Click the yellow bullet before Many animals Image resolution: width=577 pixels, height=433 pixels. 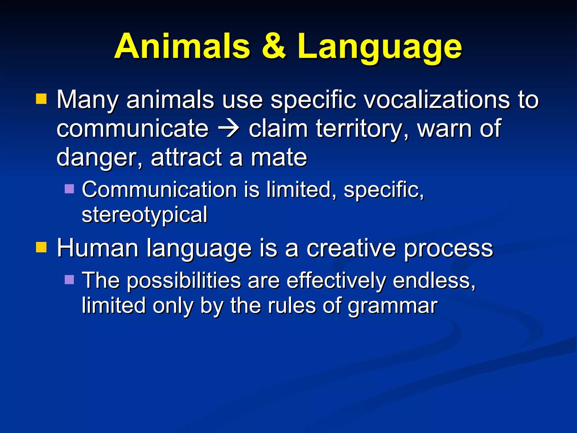point(41,99)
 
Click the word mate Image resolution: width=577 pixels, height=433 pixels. point(279,157)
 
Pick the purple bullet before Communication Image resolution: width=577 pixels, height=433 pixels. point(69,189)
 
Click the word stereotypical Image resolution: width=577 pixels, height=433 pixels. point(145,215)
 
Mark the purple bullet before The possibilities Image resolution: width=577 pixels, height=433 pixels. point(69,279)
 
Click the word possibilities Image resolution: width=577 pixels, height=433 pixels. point(183,281)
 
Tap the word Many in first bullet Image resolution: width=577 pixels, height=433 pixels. point(88,100)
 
